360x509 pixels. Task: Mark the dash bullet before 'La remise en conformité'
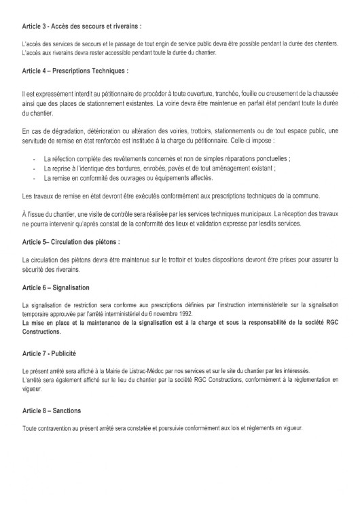tap(34, 179)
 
